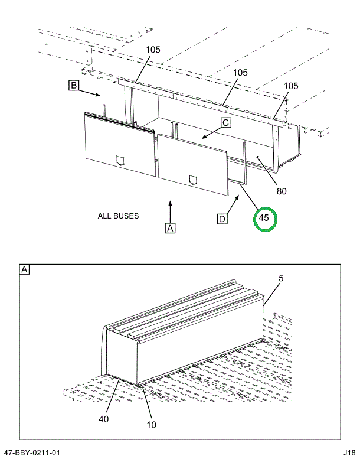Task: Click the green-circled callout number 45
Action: point(264,218)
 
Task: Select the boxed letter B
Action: point(74,86)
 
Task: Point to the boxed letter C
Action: point(225,123)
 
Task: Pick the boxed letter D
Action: point(222,219)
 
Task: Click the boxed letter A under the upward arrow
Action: point(170,227)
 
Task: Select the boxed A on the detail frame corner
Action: point(25,270)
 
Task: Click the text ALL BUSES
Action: point(118,216)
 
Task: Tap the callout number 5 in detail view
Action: point(280,278)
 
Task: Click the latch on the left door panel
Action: point(121,159)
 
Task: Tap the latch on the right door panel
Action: point(192,179)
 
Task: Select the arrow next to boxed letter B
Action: point(92,93)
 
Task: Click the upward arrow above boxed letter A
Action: point(170,210)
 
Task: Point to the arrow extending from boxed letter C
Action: point(211,134)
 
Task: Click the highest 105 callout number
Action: point(153,50)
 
